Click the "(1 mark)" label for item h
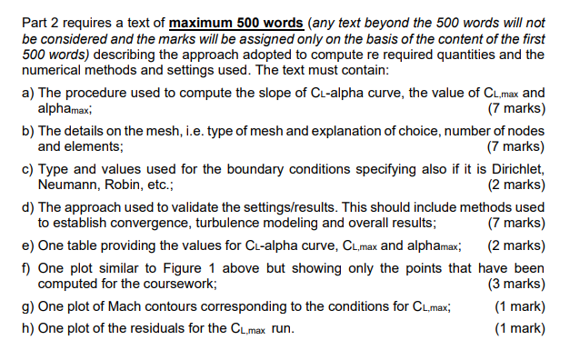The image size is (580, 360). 519,328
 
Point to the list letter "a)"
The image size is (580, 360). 27,93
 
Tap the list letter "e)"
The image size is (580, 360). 27,245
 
